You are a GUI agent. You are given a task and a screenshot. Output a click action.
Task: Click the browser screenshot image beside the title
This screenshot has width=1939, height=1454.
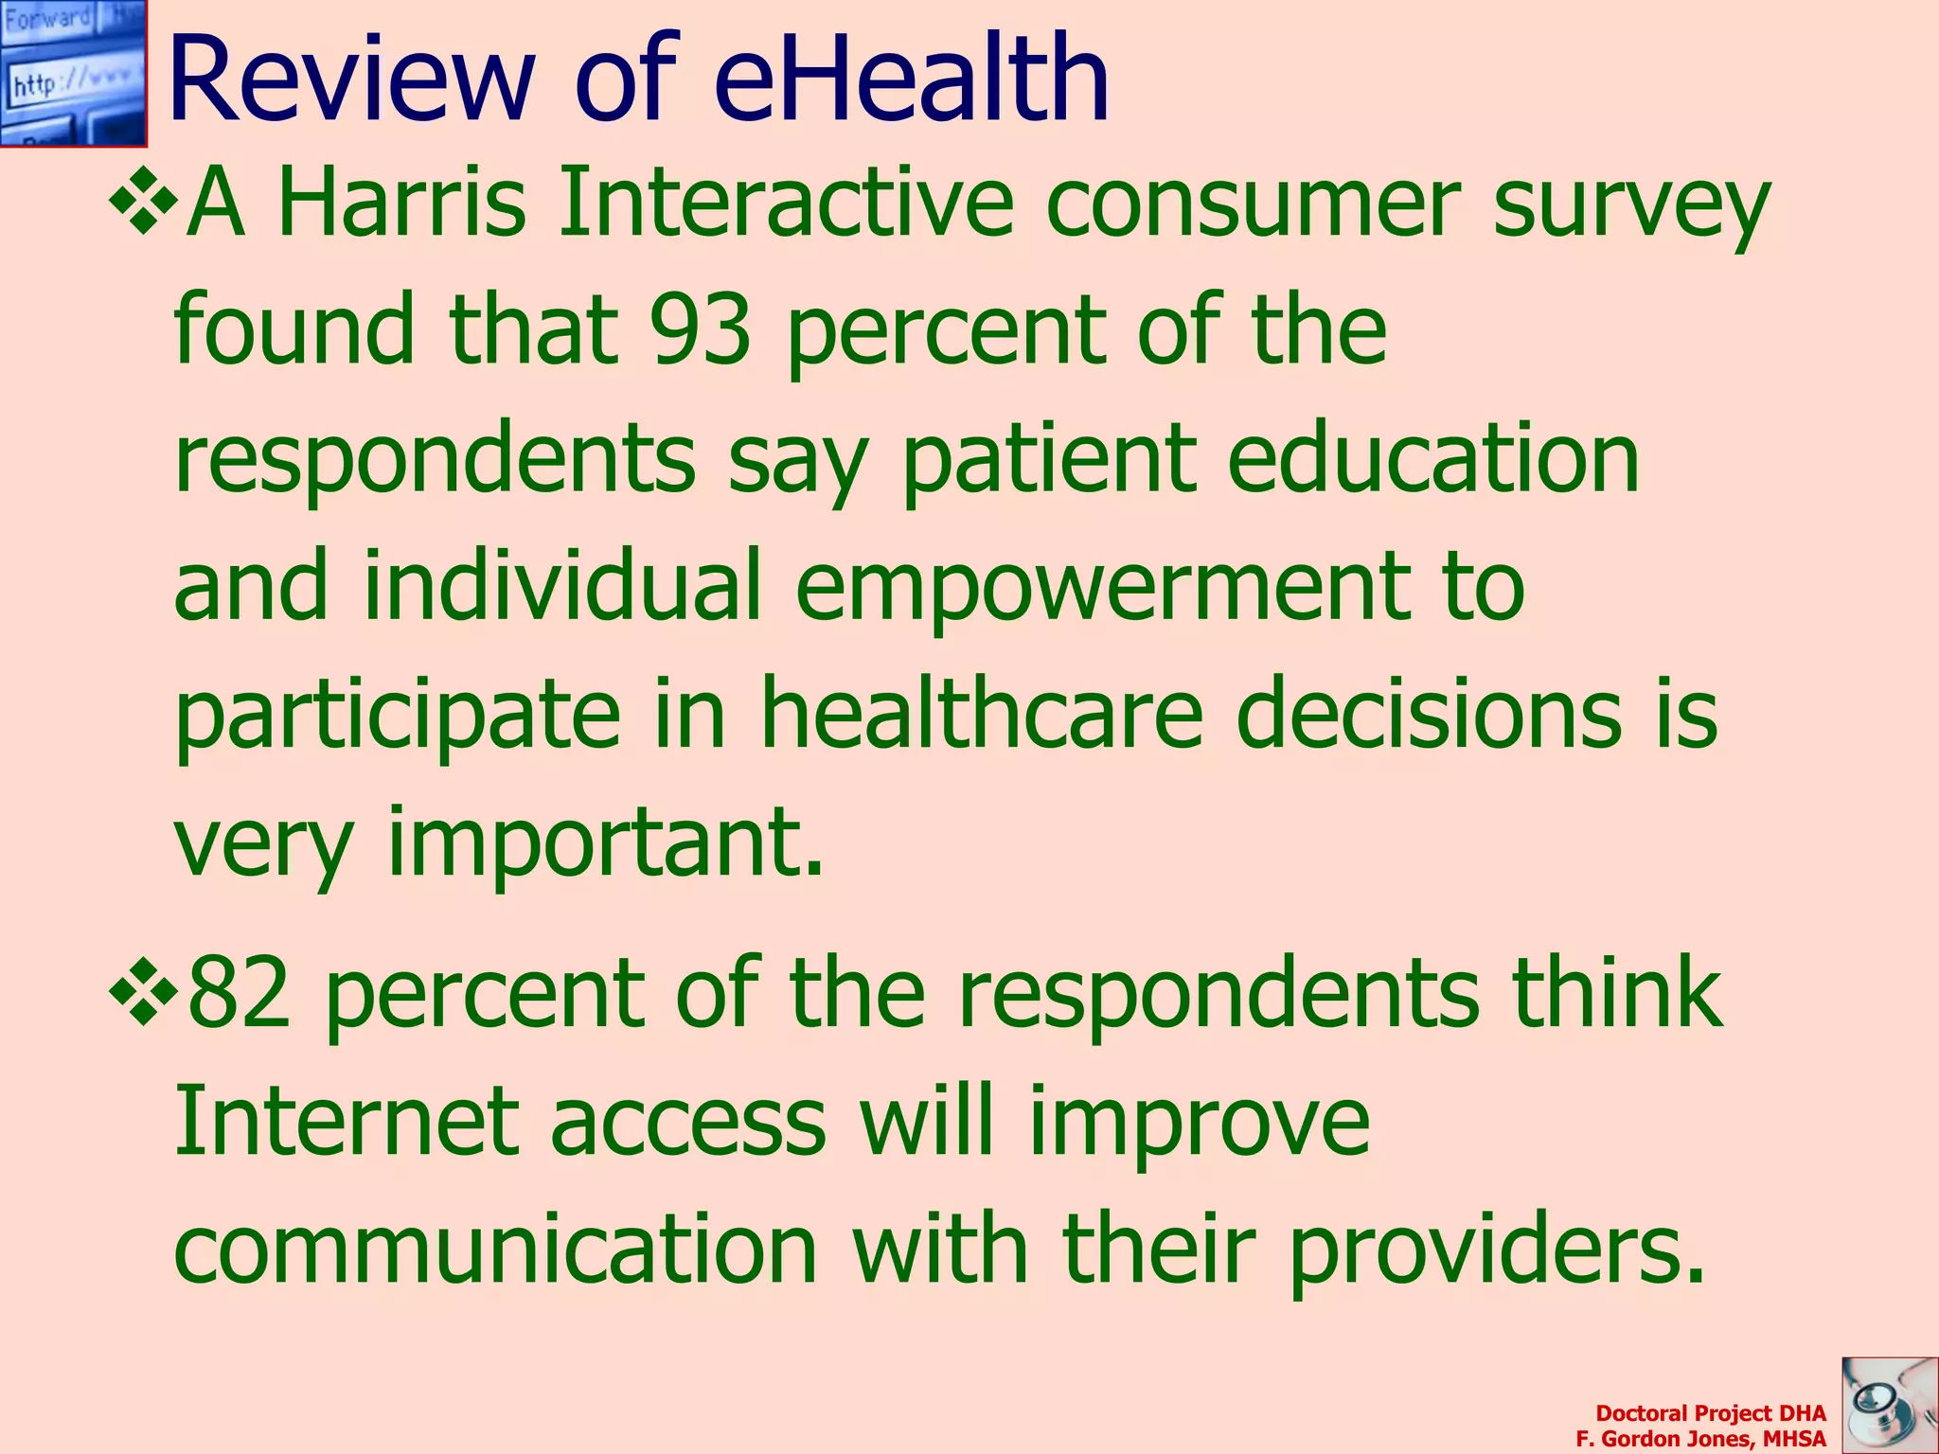[x=73, y=73]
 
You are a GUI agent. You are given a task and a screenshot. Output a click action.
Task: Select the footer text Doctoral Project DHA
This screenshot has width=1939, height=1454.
[x=1710, y=1413]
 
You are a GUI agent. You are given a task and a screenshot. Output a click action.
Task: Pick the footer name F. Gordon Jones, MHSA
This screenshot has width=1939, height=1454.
[x=1700, y=1439]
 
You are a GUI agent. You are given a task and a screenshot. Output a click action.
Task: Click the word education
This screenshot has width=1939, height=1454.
[x=1433, y=458]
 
